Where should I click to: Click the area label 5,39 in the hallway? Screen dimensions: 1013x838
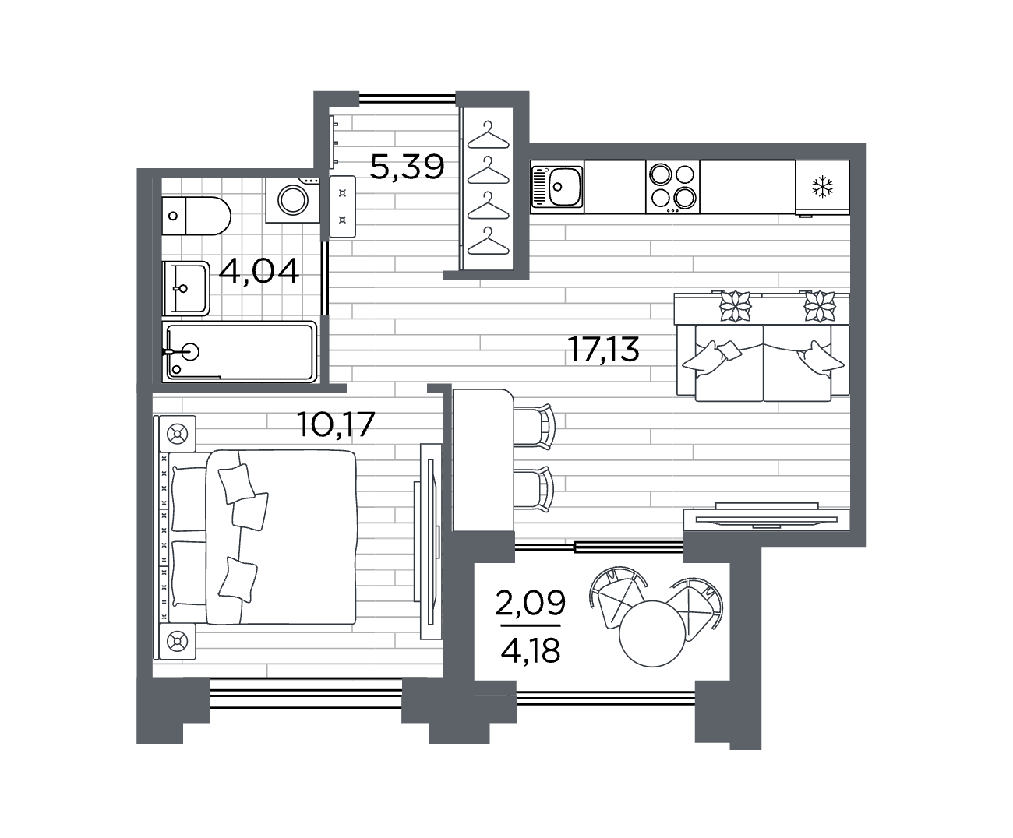pos(407,167)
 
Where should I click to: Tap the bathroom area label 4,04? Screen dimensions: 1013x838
pos(259,271)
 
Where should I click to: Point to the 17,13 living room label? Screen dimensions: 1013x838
pos(603,349)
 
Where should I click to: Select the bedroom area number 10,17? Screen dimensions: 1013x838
pos(336,424)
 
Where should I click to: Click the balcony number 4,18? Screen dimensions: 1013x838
pos(531,650)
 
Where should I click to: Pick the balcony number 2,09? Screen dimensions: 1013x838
pos(531,602)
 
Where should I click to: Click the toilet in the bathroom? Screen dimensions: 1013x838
pos(196,216)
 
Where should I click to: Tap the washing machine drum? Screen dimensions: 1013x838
pos(292,200)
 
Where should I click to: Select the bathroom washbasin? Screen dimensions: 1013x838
pos(186,288)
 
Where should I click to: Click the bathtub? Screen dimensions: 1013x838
pos(240,352)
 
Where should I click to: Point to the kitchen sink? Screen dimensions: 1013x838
pos(557,187)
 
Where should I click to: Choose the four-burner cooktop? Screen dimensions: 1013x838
pos(672,187)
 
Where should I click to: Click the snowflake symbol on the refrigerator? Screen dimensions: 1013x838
pos(822,187)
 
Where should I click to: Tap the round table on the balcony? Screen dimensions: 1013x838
pos(652,633)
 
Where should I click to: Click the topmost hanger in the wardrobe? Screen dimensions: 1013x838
pos(488,136)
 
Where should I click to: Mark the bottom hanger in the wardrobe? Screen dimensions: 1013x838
pos(488,241)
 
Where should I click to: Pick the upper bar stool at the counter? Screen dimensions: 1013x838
pos(534,426)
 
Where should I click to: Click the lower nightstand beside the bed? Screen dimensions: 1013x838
pos(178,642)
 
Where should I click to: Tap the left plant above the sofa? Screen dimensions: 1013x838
pos(735,307)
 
